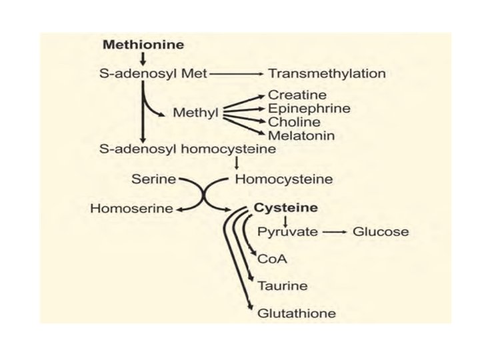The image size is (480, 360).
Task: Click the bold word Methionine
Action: (143, 45)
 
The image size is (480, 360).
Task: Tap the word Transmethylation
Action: (327, 73)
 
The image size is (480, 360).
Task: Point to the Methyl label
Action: (195, 113)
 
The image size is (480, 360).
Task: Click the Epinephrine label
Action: (309, 109)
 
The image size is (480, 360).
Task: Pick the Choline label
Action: (294, 122)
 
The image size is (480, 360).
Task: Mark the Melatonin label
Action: (301, 135)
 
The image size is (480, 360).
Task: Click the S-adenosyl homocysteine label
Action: (187, 149)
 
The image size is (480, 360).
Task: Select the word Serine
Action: (153, 179)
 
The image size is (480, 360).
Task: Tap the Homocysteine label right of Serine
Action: (285, 179)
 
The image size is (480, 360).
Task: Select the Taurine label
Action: (283, 286)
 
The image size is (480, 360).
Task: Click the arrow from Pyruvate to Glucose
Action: (335, 232)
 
